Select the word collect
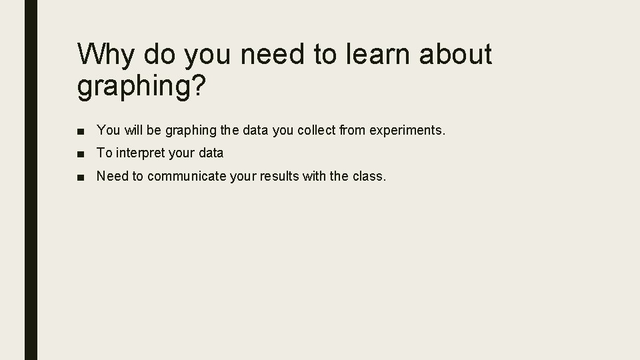click(315, 130)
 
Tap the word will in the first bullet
click(131, 130)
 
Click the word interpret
click(139, 153)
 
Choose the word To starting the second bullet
click(104, 153)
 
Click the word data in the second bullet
click(210, 153)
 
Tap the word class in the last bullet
click(369, 177)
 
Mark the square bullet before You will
click(80, 131)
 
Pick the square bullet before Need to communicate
click(80, 177)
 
